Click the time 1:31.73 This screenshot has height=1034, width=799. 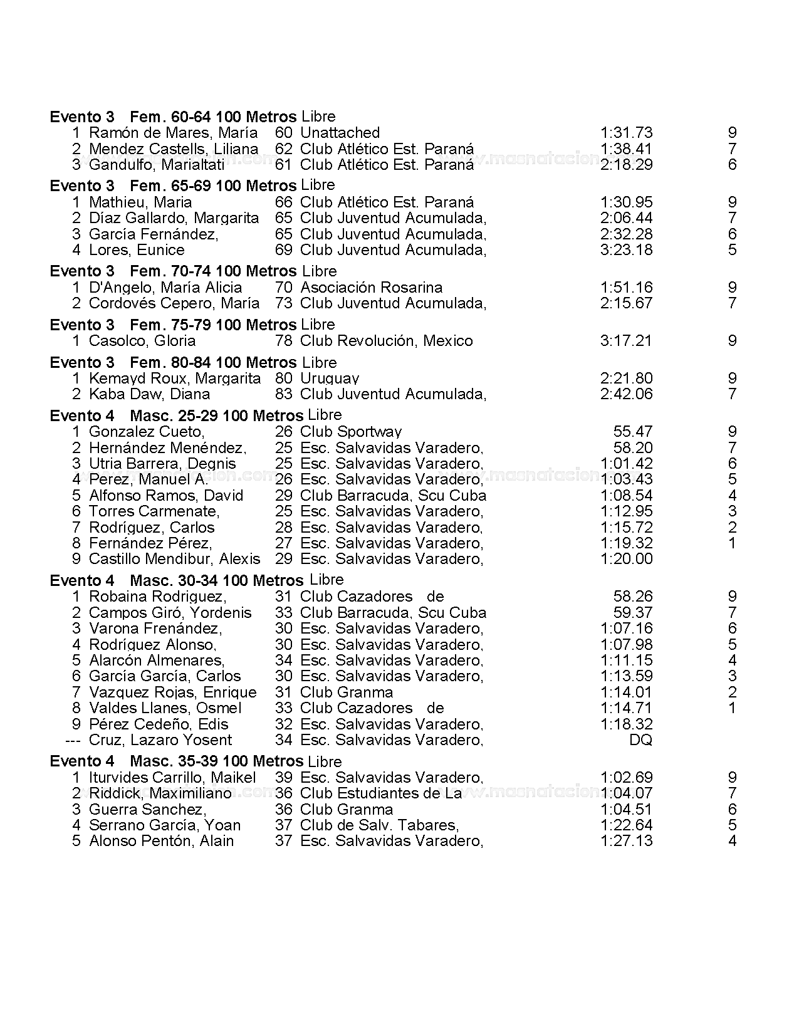pos(626,133)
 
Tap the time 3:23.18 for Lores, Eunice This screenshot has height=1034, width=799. pos(626,250)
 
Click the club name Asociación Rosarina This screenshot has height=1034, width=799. pos(371,288)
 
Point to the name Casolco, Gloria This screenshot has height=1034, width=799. pos(142,341)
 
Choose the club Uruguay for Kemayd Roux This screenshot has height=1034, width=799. pos(330,379)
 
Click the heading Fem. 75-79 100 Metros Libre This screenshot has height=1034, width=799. pos(232,325)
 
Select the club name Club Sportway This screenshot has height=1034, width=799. pos(351,432)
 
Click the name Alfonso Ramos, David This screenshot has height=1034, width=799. pos(166,496)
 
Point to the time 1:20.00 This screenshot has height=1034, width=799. pos(626,559)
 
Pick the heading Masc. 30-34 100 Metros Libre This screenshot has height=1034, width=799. pos(236,580)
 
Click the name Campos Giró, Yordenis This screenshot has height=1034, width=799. pos(170,613)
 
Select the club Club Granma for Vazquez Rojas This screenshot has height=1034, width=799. pos(347,692)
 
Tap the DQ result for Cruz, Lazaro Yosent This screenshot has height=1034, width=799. pos(640,740)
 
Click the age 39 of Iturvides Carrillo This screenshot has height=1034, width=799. pos(283,778)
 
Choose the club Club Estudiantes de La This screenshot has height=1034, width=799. pos(381,793)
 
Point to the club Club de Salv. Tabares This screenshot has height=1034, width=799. pos(379,825)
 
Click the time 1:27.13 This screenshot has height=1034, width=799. pos(626,841)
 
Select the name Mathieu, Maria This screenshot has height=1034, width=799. pos(140,202)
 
